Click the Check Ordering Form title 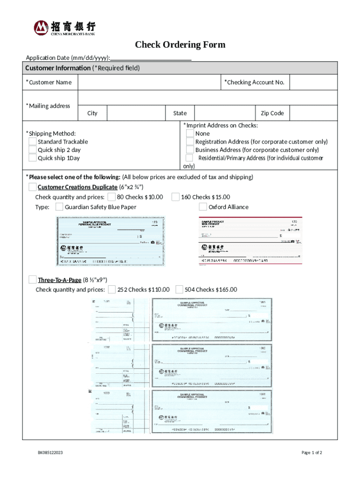click(180, 45)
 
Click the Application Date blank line click(151, 58)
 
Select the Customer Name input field click(149, 82)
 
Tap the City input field click(136, 113)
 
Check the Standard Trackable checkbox click(32, 142)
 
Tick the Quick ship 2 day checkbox click(32, 150)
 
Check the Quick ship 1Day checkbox click(32, 158)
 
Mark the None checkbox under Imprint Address click(190, 134)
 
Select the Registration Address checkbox click(190, 142)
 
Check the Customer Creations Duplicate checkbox click(32, 187)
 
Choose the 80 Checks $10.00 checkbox click(112, 197)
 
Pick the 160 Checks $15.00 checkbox click(175, 197)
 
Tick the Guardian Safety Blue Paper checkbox click(59, 207)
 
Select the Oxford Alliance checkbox click(203, 207)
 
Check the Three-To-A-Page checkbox click(32, 280)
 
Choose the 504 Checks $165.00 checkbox click(179, 290)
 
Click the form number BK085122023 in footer click(50, 453)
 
